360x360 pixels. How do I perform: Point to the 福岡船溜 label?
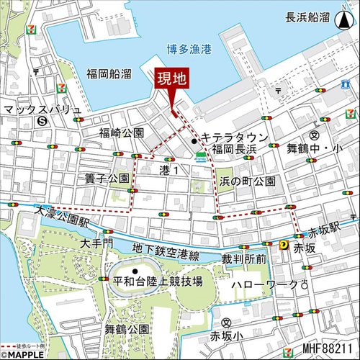pyautogui.click(x=108, y=73)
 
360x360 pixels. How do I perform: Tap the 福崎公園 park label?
pyautogui.click(x=122, y=133)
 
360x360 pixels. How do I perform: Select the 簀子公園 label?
pyautogui.click(x=107, y=178)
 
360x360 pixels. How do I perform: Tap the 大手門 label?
pyautogui.click(x=96, y=243)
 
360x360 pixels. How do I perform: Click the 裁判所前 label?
pyautogui.click(x=244, y=258)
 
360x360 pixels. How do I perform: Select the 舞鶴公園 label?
pyautogui.click(x=126, y=329)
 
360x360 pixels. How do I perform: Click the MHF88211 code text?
pyautogui.click(x=328, y=349)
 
